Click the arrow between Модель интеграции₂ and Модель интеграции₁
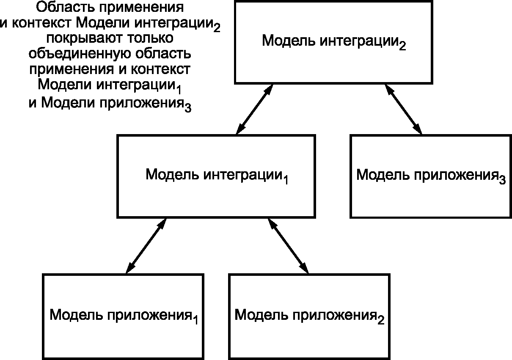pyautogui.click(x=254, y=109)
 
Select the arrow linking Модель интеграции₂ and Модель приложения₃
pyautogui.click(x=403, y=109)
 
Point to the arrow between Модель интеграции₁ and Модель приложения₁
pyautogui.click(x=146, y=246)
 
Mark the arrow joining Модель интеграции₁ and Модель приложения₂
pyautogui.click(x=288, y=246)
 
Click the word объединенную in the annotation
pyautogui.click(x=80, y=54)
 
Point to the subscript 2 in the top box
pyautogui.click(x=402, y=47)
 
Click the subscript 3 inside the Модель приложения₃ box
pyautogui.click(x=502, y=181)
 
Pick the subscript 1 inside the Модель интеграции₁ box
pyautogui.click(x=286, y=180)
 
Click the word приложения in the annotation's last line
pyautogui.click(x=141, y=103)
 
